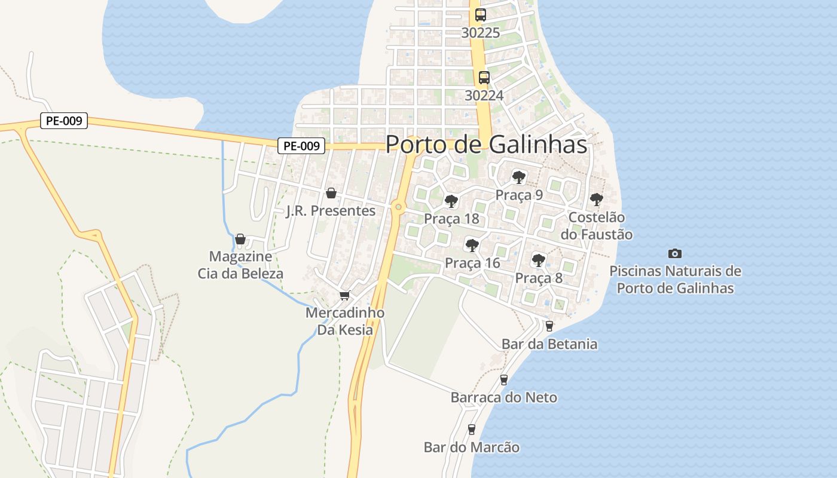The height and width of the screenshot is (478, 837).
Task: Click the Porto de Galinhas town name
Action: [x=485, y=144]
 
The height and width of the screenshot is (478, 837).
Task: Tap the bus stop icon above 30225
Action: [x=480, y=15]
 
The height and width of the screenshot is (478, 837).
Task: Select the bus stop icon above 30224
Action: [x=484, y=78]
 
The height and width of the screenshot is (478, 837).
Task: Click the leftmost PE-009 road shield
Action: [x=65, y=121]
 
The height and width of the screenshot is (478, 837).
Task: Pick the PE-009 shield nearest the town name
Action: [x=301, y=145]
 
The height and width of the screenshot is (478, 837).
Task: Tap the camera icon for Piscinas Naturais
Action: [x=675, y=253]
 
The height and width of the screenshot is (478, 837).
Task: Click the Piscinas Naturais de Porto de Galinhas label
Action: [x=675, y=279]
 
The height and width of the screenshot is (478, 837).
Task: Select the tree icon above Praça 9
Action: [x=518, y=177]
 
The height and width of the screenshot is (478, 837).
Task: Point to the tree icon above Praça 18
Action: [x=451, y=201]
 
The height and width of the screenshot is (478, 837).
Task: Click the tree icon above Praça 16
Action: [x=472, y=245]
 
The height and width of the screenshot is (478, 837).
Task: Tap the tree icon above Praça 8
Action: [x=538, y=260]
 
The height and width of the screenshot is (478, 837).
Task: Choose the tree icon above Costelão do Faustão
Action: [x=596, y=199]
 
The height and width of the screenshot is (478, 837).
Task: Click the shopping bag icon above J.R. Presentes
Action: [x=331, y=193]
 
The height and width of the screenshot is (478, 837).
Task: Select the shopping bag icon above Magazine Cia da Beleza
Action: [x=240, y=239]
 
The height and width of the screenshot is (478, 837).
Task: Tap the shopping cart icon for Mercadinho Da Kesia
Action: [x=344, y=295]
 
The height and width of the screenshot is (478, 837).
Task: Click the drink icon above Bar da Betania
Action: [x=549, y=326]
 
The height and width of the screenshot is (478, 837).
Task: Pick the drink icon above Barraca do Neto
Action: [x=503, y=379]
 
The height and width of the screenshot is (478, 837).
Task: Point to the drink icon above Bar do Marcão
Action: [x=471, y=429]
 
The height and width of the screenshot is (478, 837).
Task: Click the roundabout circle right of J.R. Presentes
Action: [x=398, y=207]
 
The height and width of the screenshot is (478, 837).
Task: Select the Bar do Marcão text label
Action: [x=471, y=447]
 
